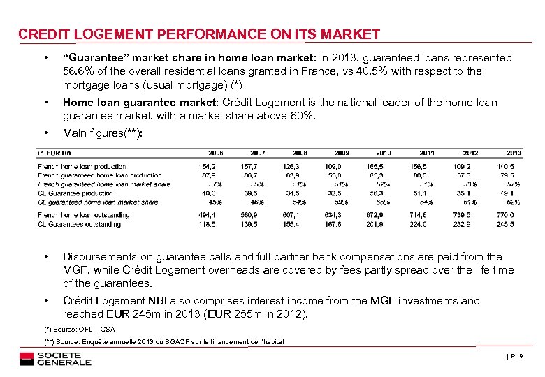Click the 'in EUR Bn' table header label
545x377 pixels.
tap(54, 152)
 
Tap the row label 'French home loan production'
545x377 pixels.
tap(82, 167)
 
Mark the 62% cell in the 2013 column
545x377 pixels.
tap(514, 202)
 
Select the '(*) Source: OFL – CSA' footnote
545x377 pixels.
tap(79, 329)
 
